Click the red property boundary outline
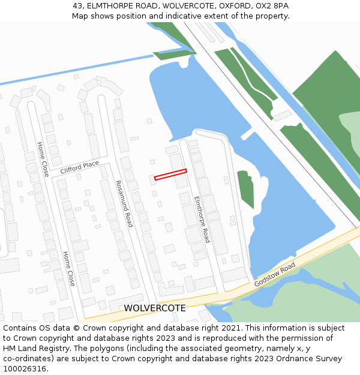point(170,174)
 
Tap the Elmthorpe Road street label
point(202,219)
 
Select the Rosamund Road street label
point(124,204)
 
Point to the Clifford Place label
point(79,167)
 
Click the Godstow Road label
point(275,274)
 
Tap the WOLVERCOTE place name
point(154,308)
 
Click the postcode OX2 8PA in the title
point(273,5)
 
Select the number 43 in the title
point(77,5)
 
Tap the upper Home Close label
point(42,159)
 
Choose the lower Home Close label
point(69,268)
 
